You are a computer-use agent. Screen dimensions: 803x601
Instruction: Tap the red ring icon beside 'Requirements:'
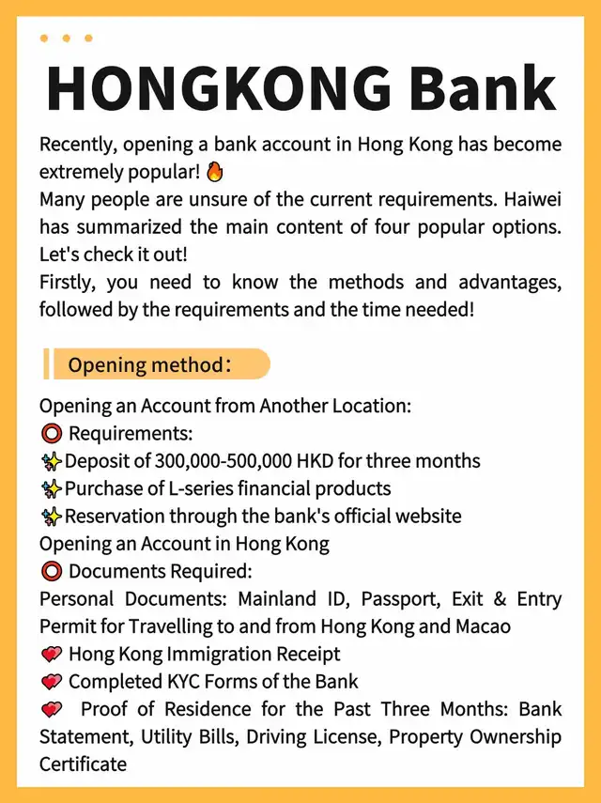pyautogui.click(x=51, y=434)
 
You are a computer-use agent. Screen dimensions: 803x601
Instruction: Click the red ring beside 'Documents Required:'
pyautogui.click(x=51, y=571)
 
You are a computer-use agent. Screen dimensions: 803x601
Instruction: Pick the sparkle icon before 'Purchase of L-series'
pyautogui.click(x=51, y=488)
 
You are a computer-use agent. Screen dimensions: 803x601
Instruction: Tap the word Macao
pyautogui.click(x=481, y=625)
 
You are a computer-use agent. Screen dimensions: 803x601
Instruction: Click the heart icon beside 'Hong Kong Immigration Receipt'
pyautogui.click(x=51, y=654)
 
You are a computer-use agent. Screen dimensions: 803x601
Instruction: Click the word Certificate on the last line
pyautogui.click(x=83, y=764)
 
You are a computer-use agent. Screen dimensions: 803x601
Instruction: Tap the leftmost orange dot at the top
pyautogui.click(x=44, y=39)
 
